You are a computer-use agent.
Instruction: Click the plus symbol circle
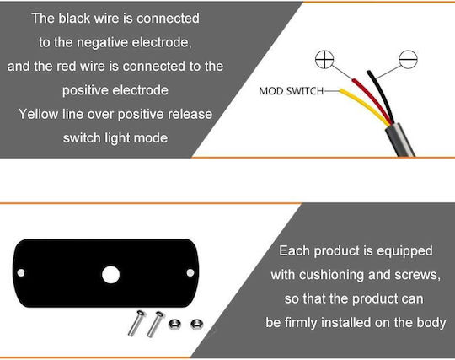click(324, 60)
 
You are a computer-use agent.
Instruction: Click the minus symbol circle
click(408, 60)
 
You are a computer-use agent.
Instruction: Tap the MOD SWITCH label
click(291, 91)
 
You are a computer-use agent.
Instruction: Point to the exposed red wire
click(372, 99)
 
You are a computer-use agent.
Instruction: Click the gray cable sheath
click(400, 140)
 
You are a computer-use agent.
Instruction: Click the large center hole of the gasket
click(111, 275)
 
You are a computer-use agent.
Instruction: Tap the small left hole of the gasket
click(21, 273)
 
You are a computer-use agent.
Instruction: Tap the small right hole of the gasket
click(190, 273)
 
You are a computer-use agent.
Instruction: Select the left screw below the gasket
click(136, 323)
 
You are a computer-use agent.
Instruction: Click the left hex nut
click(174, 324)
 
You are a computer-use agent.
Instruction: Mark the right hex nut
click(196, 324)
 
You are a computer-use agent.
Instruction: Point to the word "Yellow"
click(38, 114)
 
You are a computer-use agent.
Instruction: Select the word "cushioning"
click(331, 275)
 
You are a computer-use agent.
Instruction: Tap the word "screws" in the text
click(418, 275)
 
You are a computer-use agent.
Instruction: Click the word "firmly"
click(301, 323)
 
